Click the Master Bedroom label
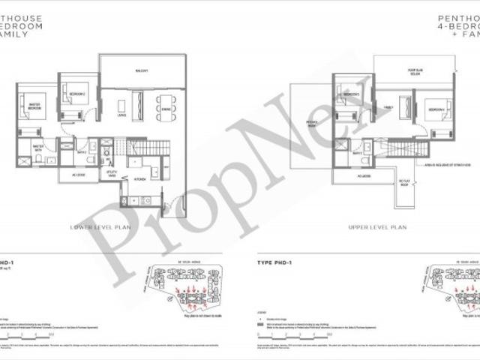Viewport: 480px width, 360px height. tap(33, 105)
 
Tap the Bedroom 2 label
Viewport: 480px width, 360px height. tap(76, 94)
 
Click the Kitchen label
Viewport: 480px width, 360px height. tap(139, 179)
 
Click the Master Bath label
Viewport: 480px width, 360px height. tap(38, 148)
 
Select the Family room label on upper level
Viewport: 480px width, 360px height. tap(389, 107)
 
